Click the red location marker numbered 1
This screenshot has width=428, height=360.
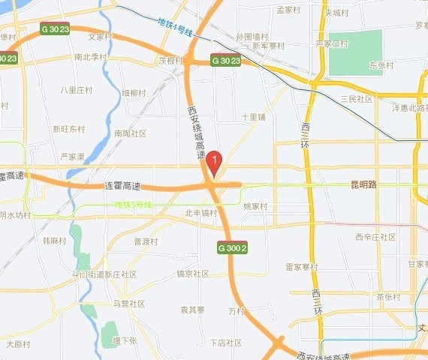(x=214, y=160)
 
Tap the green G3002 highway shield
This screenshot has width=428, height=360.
(x=232, y=246)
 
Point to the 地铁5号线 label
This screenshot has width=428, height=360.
(x=133, y=205)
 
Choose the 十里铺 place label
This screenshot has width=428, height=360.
(x=254, y=118)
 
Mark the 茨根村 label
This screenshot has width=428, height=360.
(x=170, y=60)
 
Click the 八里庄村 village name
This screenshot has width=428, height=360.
(x=77, y=89)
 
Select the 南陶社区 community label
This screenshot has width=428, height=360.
(x=130, y=133)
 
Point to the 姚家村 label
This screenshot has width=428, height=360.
(x=255, y=205)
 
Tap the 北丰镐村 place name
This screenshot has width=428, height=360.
(x=200, y=213)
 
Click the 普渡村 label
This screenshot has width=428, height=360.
(x=146, y=241)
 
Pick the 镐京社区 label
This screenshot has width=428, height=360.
(x=192, y=274)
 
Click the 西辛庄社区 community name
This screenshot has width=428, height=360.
(x=375, y=237)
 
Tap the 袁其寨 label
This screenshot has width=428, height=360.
(x=192, y=309)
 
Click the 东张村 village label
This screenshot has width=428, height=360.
(x=381, y=65)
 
